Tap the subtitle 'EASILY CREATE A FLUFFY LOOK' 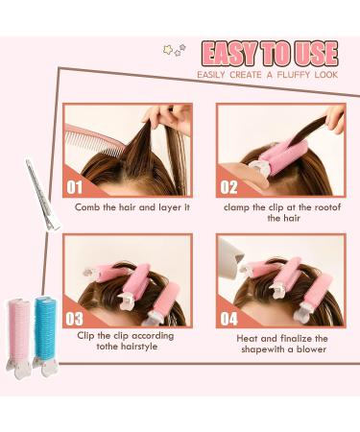click(267, 75)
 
